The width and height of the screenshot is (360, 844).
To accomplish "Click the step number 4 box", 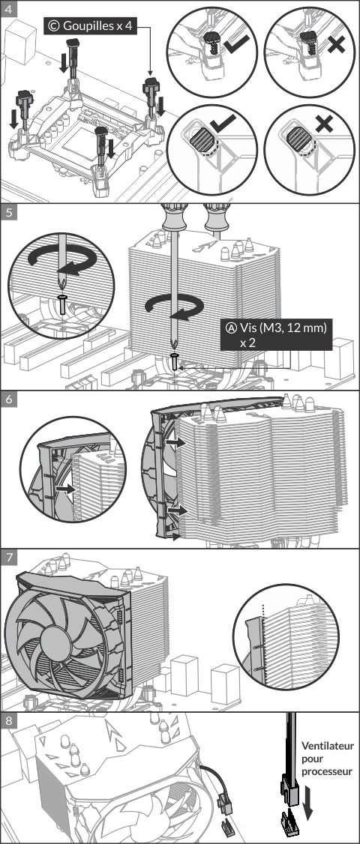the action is tap(8, 8).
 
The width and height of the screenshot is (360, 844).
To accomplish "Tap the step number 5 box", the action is tap(8, 211).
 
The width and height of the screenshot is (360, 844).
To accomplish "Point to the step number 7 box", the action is tap(8, 558).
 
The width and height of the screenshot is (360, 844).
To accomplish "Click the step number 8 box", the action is tap(8, 721).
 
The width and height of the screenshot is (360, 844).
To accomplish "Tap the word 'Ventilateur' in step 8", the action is tap(328, 747).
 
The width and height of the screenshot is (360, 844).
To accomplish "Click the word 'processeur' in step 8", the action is tap(326, 772).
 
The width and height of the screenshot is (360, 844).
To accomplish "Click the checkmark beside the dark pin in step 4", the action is tap(236, 45).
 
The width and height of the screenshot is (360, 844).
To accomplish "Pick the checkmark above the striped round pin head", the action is tap(221, 124).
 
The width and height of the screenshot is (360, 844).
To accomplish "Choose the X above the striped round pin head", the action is tap(324, 124).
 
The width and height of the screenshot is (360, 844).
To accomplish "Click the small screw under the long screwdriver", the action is tap(175, 361).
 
